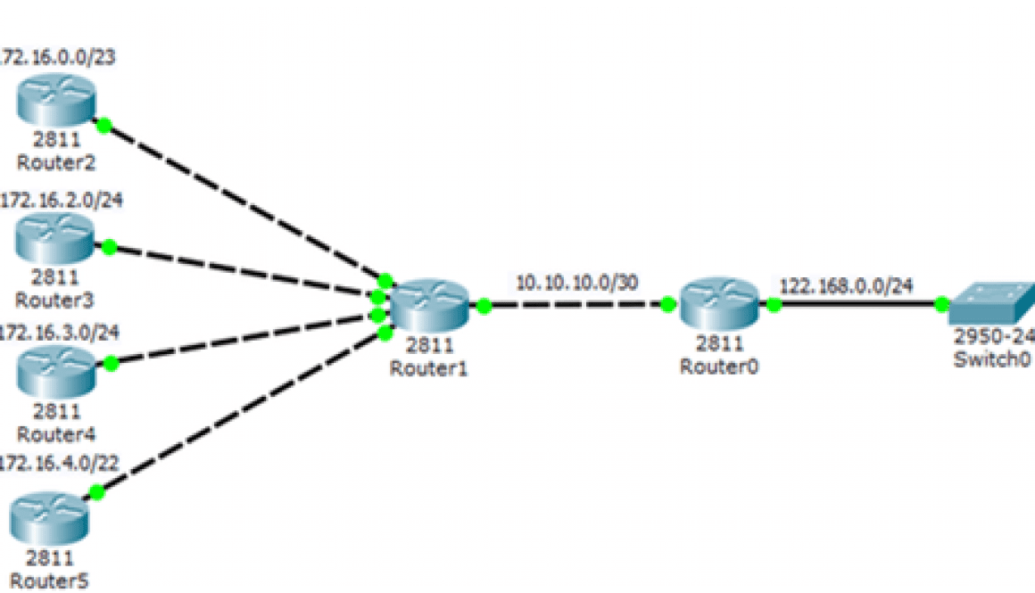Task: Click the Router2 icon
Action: click(x=54, y=103)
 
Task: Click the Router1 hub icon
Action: click(x=428, y=306)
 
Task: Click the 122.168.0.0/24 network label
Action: click(x=847, y=286)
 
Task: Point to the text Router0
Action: click(x=718, y=366)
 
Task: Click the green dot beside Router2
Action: click(x=103, y=126)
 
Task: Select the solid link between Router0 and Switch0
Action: click(x=857, y=305)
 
